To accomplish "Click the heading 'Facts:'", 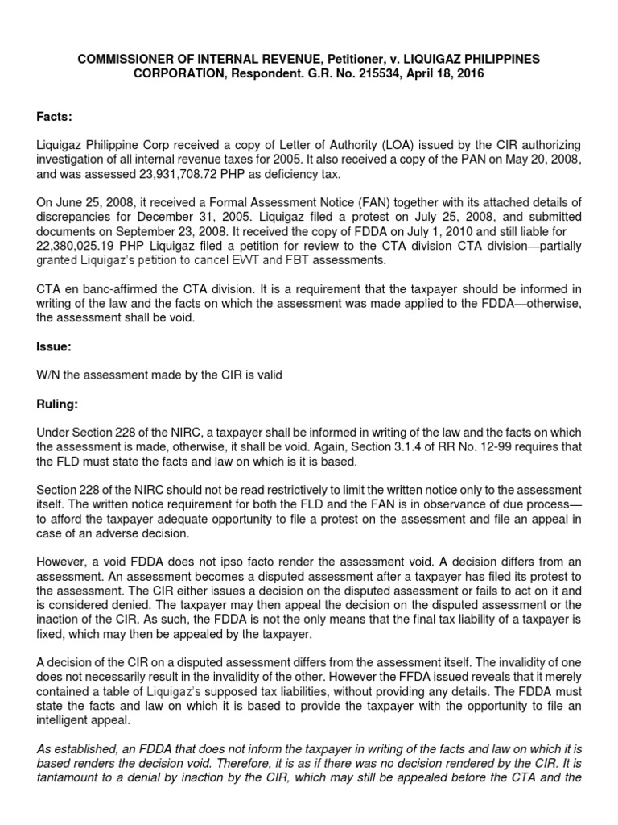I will [55, 118].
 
